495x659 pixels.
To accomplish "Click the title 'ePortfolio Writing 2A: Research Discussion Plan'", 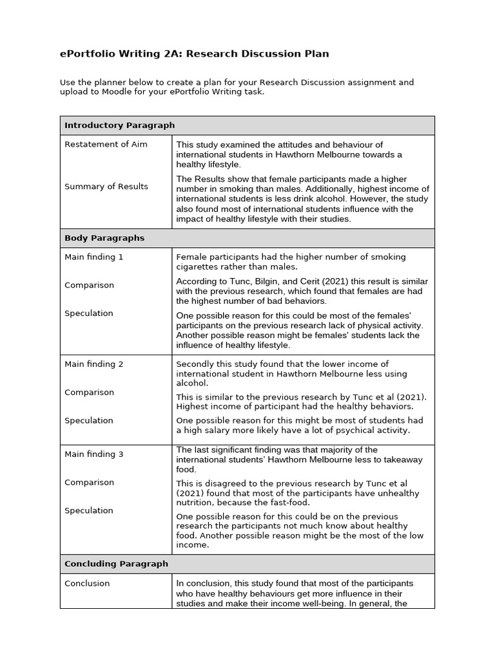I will tap(194, 54).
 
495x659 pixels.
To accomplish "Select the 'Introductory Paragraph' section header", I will tap(119, 125).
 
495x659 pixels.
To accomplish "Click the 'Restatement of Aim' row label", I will tap(106, 144).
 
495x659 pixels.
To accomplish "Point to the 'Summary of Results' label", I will tap(106, 187).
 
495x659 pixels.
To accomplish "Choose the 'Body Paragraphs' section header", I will tap(104, 238).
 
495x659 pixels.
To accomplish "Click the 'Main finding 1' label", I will tap(93, 257).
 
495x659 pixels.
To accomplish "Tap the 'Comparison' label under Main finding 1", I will tap(89, 285).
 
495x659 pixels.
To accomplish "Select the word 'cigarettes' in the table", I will tap(197, 267).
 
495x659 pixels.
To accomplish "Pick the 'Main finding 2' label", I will tap(93, 364).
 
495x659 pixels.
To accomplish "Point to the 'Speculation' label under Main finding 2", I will tap(89, 420).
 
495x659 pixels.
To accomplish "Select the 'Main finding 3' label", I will tap(93, 454).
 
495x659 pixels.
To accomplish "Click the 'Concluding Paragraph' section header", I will tap(116, 564).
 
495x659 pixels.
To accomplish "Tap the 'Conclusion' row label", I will tap(87, 584).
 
